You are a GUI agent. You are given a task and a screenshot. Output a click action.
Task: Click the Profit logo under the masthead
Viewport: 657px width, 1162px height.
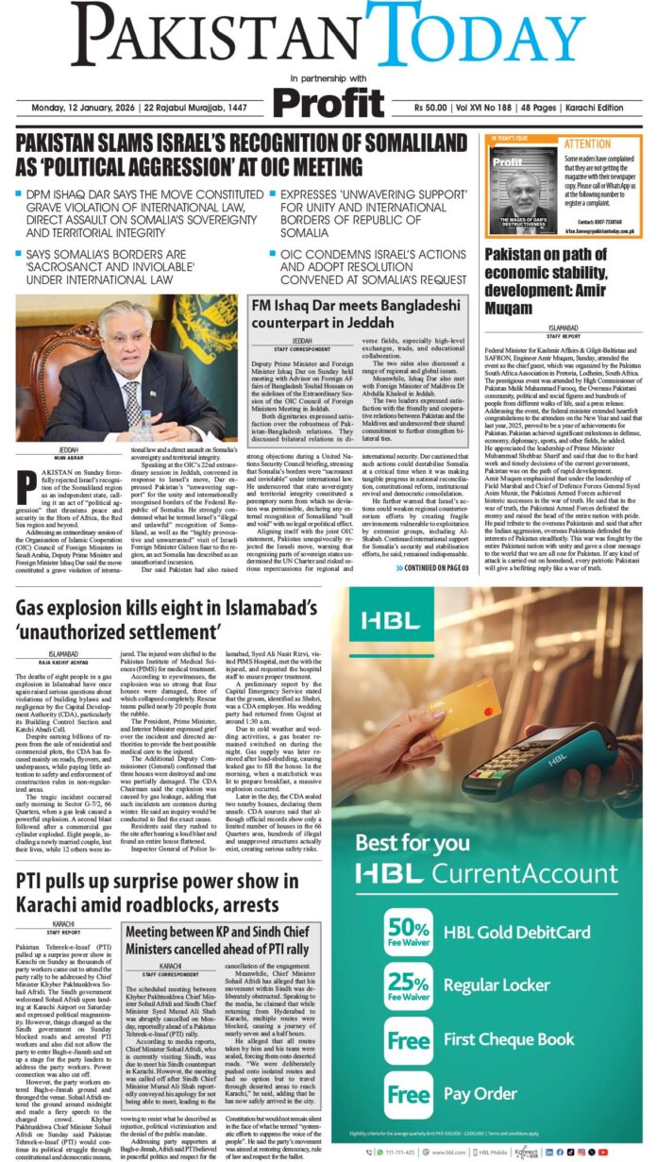(x=328, y=100)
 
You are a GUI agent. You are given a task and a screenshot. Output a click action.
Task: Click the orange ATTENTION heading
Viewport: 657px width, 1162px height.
(x=587, y=144)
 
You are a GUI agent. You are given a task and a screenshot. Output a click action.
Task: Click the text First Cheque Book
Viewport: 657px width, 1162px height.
(x=509, y=1039)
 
